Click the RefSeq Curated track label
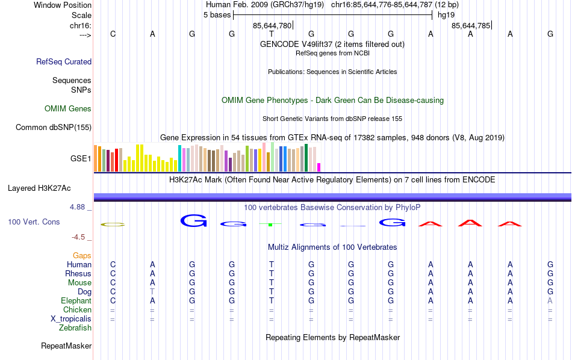64,61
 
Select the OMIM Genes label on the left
68,109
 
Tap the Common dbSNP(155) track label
54,127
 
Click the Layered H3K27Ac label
49,188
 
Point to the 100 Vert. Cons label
34,222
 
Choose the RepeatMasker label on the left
66,346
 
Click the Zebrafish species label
75,328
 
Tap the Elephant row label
76,301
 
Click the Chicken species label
77,310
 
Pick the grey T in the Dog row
152,292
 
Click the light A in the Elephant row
550,301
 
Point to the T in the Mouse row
272,283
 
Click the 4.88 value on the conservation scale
80,207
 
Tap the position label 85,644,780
272,26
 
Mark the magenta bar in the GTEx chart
319,167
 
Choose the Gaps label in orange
82,256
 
